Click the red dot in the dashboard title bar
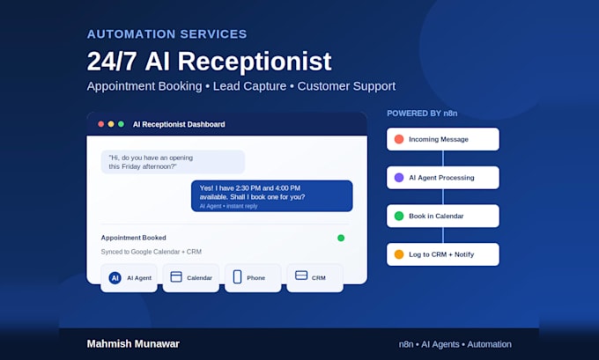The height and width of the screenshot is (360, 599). [x=100, y=124]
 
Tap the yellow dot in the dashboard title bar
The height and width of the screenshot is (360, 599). [x=111, y=124]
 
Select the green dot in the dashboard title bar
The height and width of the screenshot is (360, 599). [x=121, y=124]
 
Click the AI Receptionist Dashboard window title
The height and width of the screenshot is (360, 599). [x=179, y=124]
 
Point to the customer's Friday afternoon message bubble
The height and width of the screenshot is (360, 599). [x=173, y=162]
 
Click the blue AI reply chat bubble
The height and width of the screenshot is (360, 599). [x=271, y=195]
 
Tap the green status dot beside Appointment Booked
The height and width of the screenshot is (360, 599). [x=341, y=238]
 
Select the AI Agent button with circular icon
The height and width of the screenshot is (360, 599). [x=129, y=277]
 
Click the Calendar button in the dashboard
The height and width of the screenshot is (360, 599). [x=191, y=277]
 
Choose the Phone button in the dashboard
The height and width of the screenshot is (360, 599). [x=253, y=277]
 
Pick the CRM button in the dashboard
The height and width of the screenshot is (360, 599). [x=314, y=277]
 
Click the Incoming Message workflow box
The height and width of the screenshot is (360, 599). [x=443, y=139]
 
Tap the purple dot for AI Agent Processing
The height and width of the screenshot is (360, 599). [x=399, y=178]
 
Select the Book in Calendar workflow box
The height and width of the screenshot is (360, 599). [x=443, y=216]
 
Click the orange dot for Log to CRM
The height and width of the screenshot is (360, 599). [x=399, y=254]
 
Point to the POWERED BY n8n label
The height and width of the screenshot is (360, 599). [x=422, y=114]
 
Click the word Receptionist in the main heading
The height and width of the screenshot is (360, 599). [x=255, y=62]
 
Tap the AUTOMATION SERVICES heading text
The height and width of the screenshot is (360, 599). [x=167, y=34]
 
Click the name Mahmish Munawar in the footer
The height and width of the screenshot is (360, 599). [x=133, y=343]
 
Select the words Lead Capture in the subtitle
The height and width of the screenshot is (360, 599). [x=249, y=86]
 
